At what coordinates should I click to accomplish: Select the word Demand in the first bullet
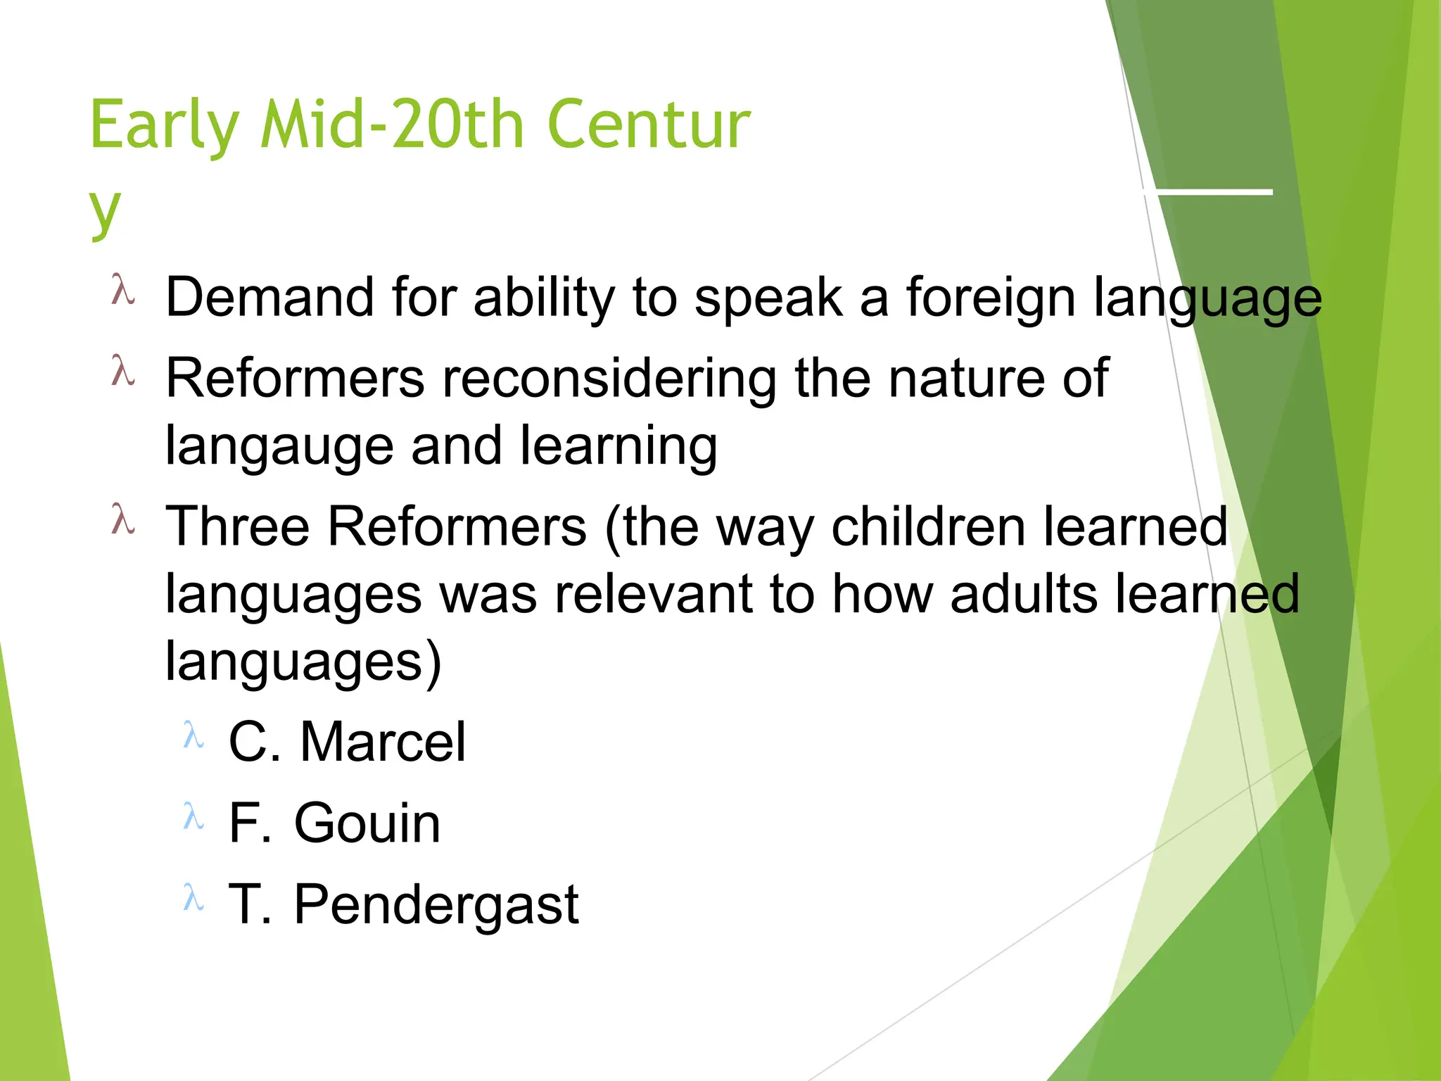tap(269, 297)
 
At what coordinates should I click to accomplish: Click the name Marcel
tap(383, 742)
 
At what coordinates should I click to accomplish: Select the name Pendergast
tap(436, 904)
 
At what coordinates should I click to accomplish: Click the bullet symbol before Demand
tap(122, 290)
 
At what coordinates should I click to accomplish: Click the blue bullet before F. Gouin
tap(193, 817)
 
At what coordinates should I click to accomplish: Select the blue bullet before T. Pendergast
tap(193, 898)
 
